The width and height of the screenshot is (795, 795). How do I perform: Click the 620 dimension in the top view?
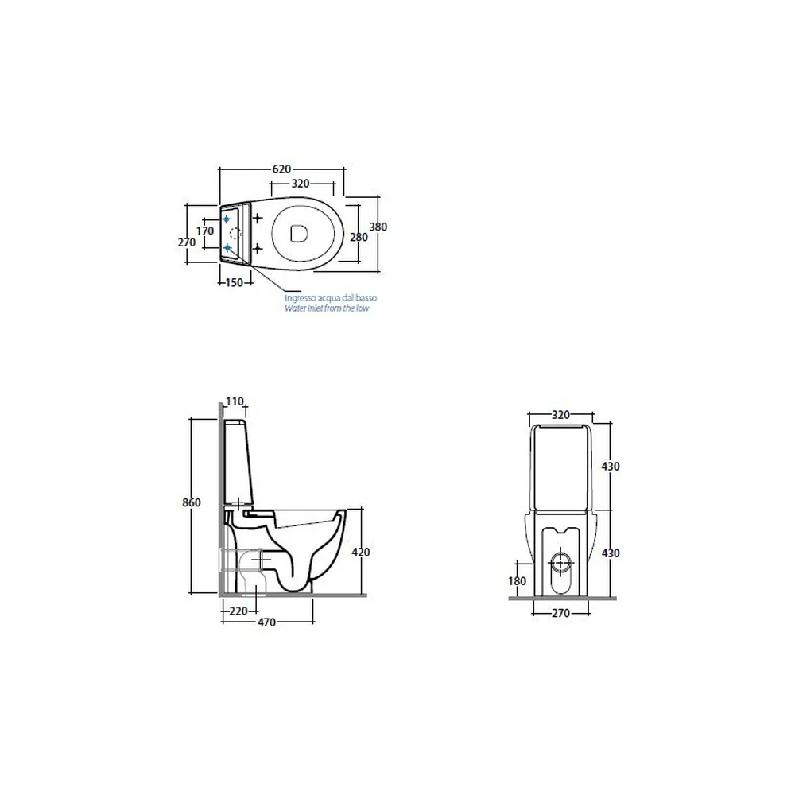coord(281,169)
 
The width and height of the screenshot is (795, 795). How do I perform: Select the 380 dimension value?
coord(378,227)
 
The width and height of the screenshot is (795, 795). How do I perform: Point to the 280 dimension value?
coord(359,237)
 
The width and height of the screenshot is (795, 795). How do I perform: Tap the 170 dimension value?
coord(205,231)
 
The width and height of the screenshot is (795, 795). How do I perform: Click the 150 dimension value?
coord(234,282)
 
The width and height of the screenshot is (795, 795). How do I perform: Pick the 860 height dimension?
coord(191,502)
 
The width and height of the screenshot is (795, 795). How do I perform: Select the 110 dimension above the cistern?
coord(235,401)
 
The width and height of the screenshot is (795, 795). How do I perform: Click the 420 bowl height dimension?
coord(360,553)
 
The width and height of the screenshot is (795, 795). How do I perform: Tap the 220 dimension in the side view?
coord(238,611)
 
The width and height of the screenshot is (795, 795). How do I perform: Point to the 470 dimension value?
coord(266,622)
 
